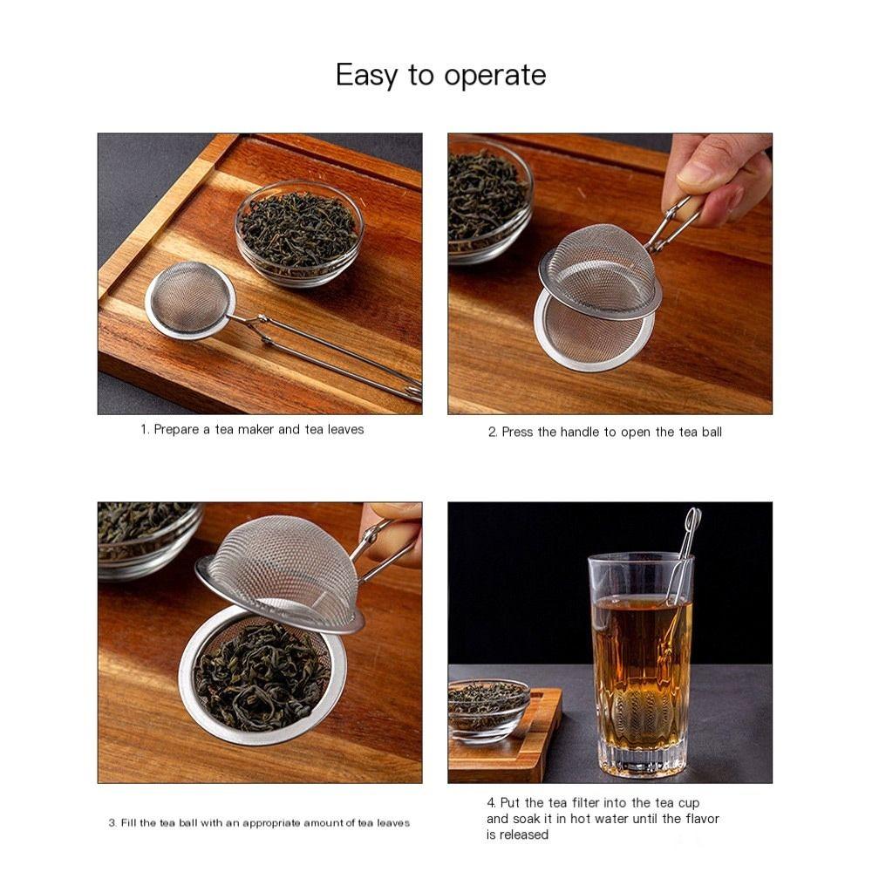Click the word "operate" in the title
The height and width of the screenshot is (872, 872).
(494, 76)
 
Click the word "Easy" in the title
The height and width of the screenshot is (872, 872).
(366, 76)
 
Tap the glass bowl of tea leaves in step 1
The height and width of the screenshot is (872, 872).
(299, 230)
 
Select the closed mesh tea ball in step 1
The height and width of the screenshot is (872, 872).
(190, 300)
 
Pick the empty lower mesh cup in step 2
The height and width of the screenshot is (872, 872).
(593, 336)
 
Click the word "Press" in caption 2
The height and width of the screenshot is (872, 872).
(517, 433)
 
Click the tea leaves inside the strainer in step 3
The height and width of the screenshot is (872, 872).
(262, 676)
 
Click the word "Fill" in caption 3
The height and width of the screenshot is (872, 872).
(128, 823)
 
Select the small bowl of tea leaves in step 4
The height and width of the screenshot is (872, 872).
(488, 706)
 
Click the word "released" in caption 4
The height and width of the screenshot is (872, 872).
(526, 835)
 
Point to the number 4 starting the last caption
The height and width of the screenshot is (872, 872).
(491, 803)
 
